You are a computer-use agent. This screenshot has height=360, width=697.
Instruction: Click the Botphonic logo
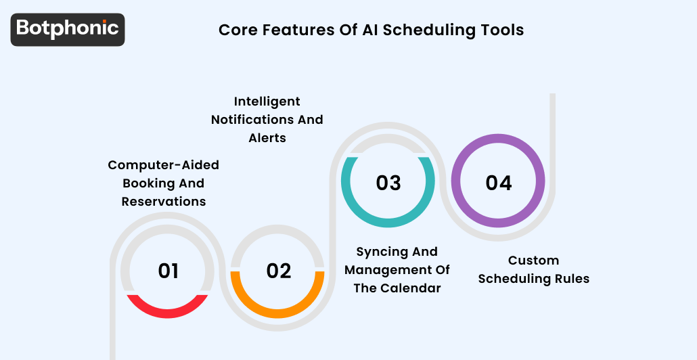68,29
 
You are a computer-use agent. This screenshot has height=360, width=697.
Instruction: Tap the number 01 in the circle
168,271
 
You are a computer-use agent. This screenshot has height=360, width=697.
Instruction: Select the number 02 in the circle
279,271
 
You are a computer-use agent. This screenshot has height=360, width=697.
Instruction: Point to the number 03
388,183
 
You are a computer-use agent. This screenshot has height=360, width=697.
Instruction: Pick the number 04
499,183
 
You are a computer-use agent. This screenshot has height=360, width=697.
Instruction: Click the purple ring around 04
499,140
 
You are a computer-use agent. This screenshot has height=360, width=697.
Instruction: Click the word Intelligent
267,102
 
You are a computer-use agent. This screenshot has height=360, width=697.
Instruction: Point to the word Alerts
267,138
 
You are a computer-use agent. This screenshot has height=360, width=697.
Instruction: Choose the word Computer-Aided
164,165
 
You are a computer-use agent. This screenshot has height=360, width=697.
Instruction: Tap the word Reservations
164,202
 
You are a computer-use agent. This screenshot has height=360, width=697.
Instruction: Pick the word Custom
534,261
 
